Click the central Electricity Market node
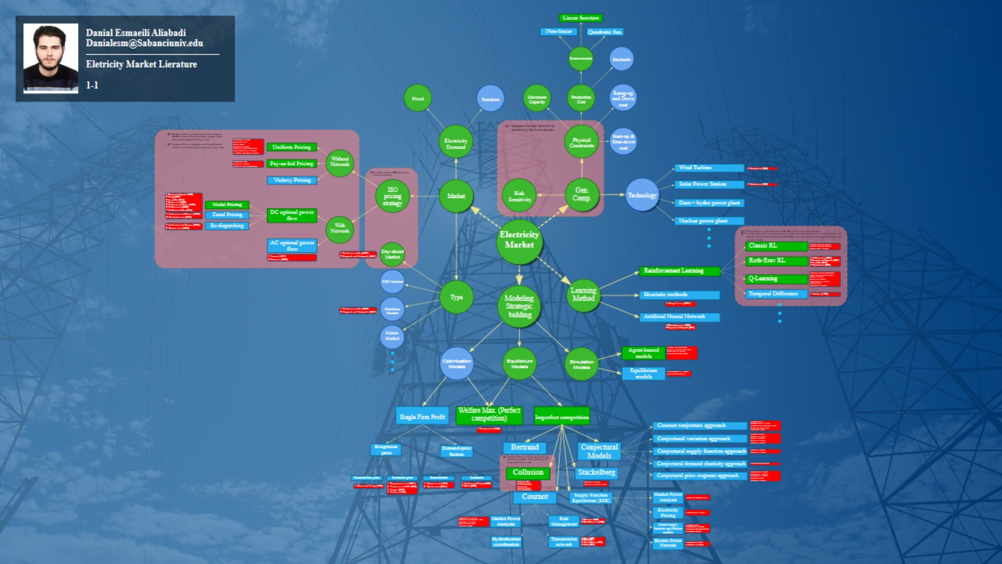coord(519,240)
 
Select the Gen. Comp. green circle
coord(581,195)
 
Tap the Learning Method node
coord(583,295)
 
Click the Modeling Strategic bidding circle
coord(520,307)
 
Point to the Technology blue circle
coord(642,195)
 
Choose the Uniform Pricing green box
coord(291,147)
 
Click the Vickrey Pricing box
coord(291,180)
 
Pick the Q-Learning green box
coord(776,279)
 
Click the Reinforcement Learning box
coord(679,271)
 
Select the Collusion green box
coord(528,473)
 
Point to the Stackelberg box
coord(597,473)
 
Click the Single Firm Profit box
coord(422,417)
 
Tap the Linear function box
coord(580,18)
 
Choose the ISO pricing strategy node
coord(392,196)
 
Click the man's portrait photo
coord(51,58)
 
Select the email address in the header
coord(145,43)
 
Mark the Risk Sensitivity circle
coord(519,196)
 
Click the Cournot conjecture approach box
coord(699,426)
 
